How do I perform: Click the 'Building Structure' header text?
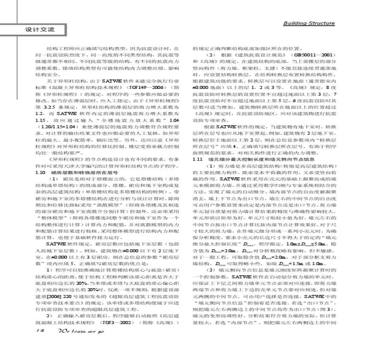pos(309,23)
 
